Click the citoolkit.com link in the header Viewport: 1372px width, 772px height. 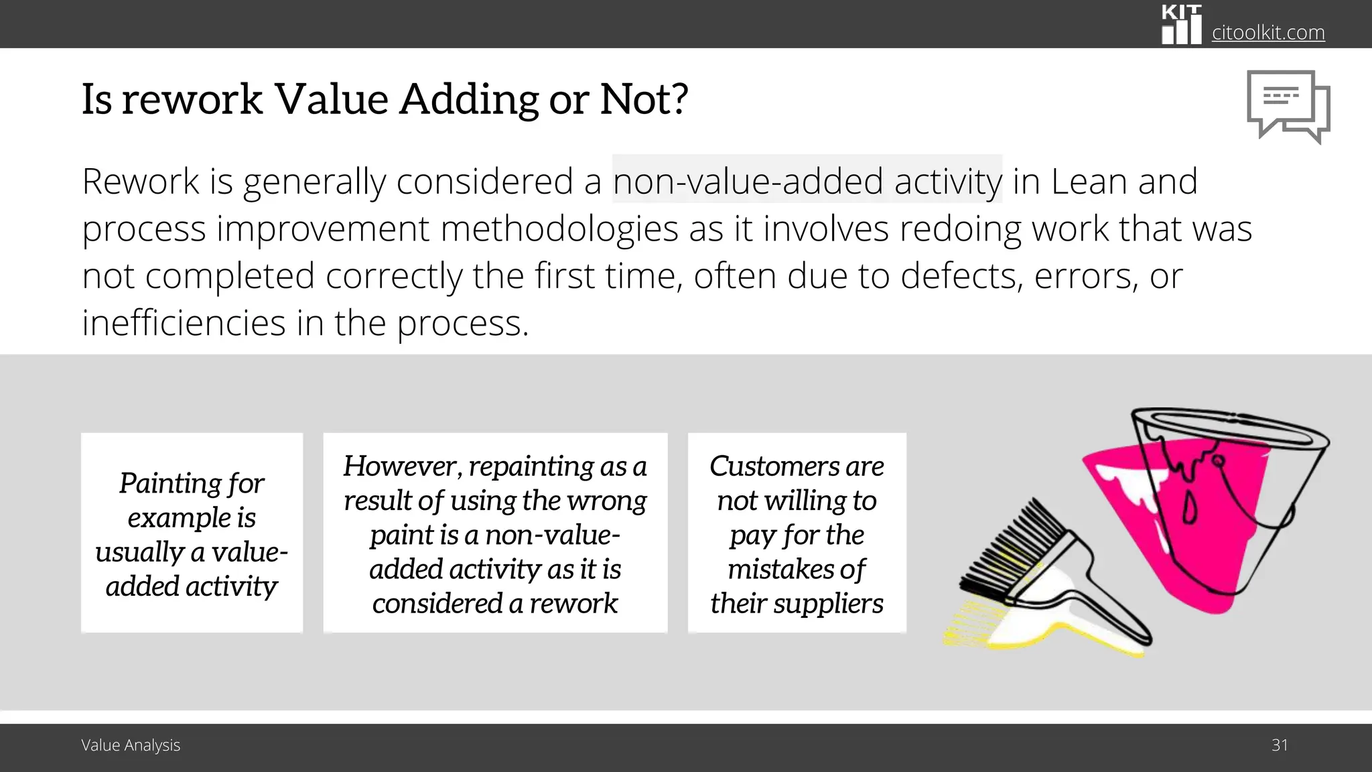tap(1267, 32)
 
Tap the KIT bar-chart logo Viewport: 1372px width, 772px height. tap(1180, 25)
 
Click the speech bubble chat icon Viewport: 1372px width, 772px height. tap(1287, 106)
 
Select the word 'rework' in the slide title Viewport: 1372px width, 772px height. tap(192, 99)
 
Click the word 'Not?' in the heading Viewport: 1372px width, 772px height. tap(643, 99)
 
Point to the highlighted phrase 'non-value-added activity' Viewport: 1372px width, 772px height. tap(807, 181)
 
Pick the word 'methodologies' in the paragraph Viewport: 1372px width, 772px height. tap(559, 229)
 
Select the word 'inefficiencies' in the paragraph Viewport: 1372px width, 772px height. tap(184, 323)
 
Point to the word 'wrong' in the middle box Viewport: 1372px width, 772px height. tap(613, 501)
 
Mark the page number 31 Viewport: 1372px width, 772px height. tap(1280, 745)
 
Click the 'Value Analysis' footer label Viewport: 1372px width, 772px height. tap(131, 745)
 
